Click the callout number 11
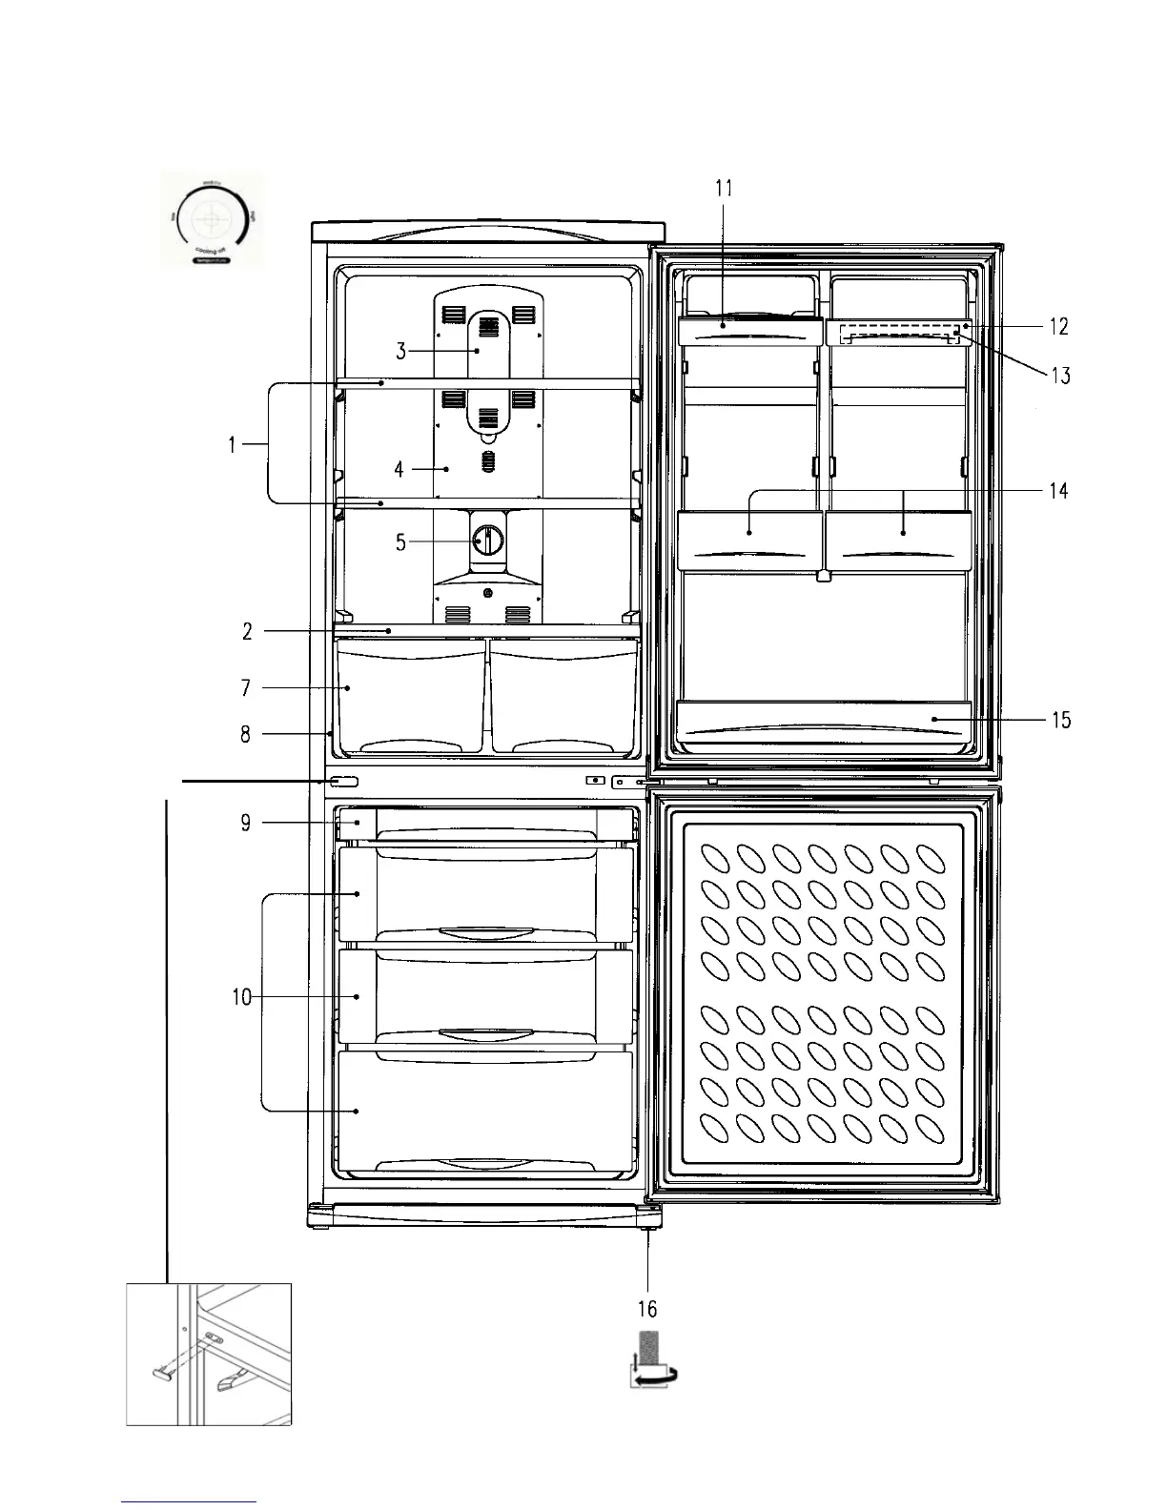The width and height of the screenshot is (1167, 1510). pyautogui.click(x=724, y=188)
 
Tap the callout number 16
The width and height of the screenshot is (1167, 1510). pyautogui.click(x=648, y=1310)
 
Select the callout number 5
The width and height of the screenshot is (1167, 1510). pyautogui.click(x=400, y=542)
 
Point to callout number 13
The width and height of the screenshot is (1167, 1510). pyautogui.click(x=1060, y=375)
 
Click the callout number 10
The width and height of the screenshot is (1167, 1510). pyautogui.click(x=241, y=997)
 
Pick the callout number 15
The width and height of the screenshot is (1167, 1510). pyautogui.click(x=1060, y=720)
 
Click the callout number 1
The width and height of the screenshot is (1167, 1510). pyautogui.click(x=233, y=444)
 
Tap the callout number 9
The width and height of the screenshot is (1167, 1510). pyautogui.click(x=246, y=822)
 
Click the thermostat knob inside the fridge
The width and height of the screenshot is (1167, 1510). pyautogui.click(x=488, y=541)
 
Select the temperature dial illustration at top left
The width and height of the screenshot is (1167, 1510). pyautogui.click(x=210, y=220)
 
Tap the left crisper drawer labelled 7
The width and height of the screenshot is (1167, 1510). pyautogui.click(x=410, y=694)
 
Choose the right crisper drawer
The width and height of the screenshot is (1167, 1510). pyautogui.click(x=563, y=694)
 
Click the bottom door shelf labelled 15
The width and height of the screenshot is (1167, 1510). pyautogui.click(x=822, y=722)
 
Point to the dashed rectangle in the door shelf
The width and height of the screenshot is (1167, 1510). pyautogui.click(x=898, y=334)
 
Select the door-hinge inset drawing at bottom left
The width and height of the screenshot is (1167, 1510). pyautogui.click(x=209, y=1354)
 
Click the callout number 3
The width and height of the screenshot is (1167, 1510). pyautogui.click(x=401, y=351)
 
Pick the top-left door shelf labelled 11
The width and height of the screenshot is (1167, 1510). pyautogui.click(x=749, y=331)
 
